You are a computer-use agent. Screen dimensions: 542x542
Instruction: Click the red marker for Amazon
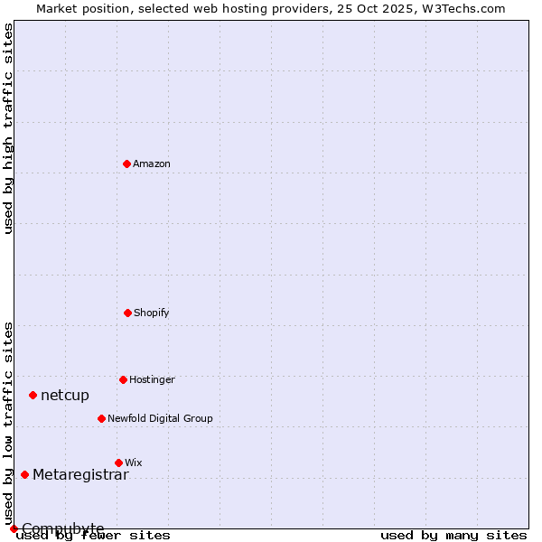126,164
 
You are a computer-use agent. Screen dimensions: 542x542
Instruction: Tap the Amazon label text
152,164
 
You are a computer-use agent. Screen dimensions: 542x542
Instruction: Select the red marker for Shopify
127,313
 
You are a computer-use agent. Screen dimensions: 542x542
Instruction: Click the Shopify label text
152,313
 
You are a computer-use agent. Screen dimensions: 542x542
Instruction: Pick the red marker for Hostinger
123,379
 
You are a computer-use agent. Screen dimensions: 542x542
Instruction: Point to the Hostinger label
152,380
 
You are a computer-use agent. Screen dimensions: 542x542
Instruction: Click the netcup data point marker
33,395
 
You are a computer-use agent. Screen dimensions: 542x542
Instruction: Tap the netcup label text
65,396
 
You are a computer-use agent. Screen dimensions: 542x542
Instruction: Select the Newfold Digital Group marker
101,418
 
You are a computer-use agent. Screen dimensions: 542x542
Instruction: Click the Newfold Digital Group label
160,419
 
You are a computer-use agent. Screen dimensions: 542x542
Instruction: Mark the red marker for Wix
118,463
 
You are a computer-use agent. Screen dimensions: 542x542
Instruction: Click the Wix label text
134,463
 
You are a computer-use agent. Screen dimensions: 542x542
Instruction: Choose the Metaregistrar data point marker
24,474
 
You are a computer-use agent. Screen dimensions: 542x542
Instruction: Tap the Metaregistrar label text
80,475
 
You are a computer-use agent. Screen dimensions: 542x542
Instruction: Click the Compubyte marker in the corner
14,528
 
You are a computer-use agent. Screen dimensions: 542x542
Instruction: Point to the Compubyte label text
63,528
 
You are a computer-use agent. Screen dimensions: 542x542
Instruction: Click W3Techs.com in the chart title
466,9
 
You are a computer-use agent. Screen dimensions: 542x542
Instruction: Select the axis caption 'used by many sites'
453,536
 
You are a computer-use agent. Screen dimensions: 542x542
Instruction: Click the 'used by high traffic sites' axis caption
9,128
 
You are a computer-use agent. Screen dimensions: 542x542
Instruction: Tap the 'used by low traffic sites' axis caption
9,423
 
